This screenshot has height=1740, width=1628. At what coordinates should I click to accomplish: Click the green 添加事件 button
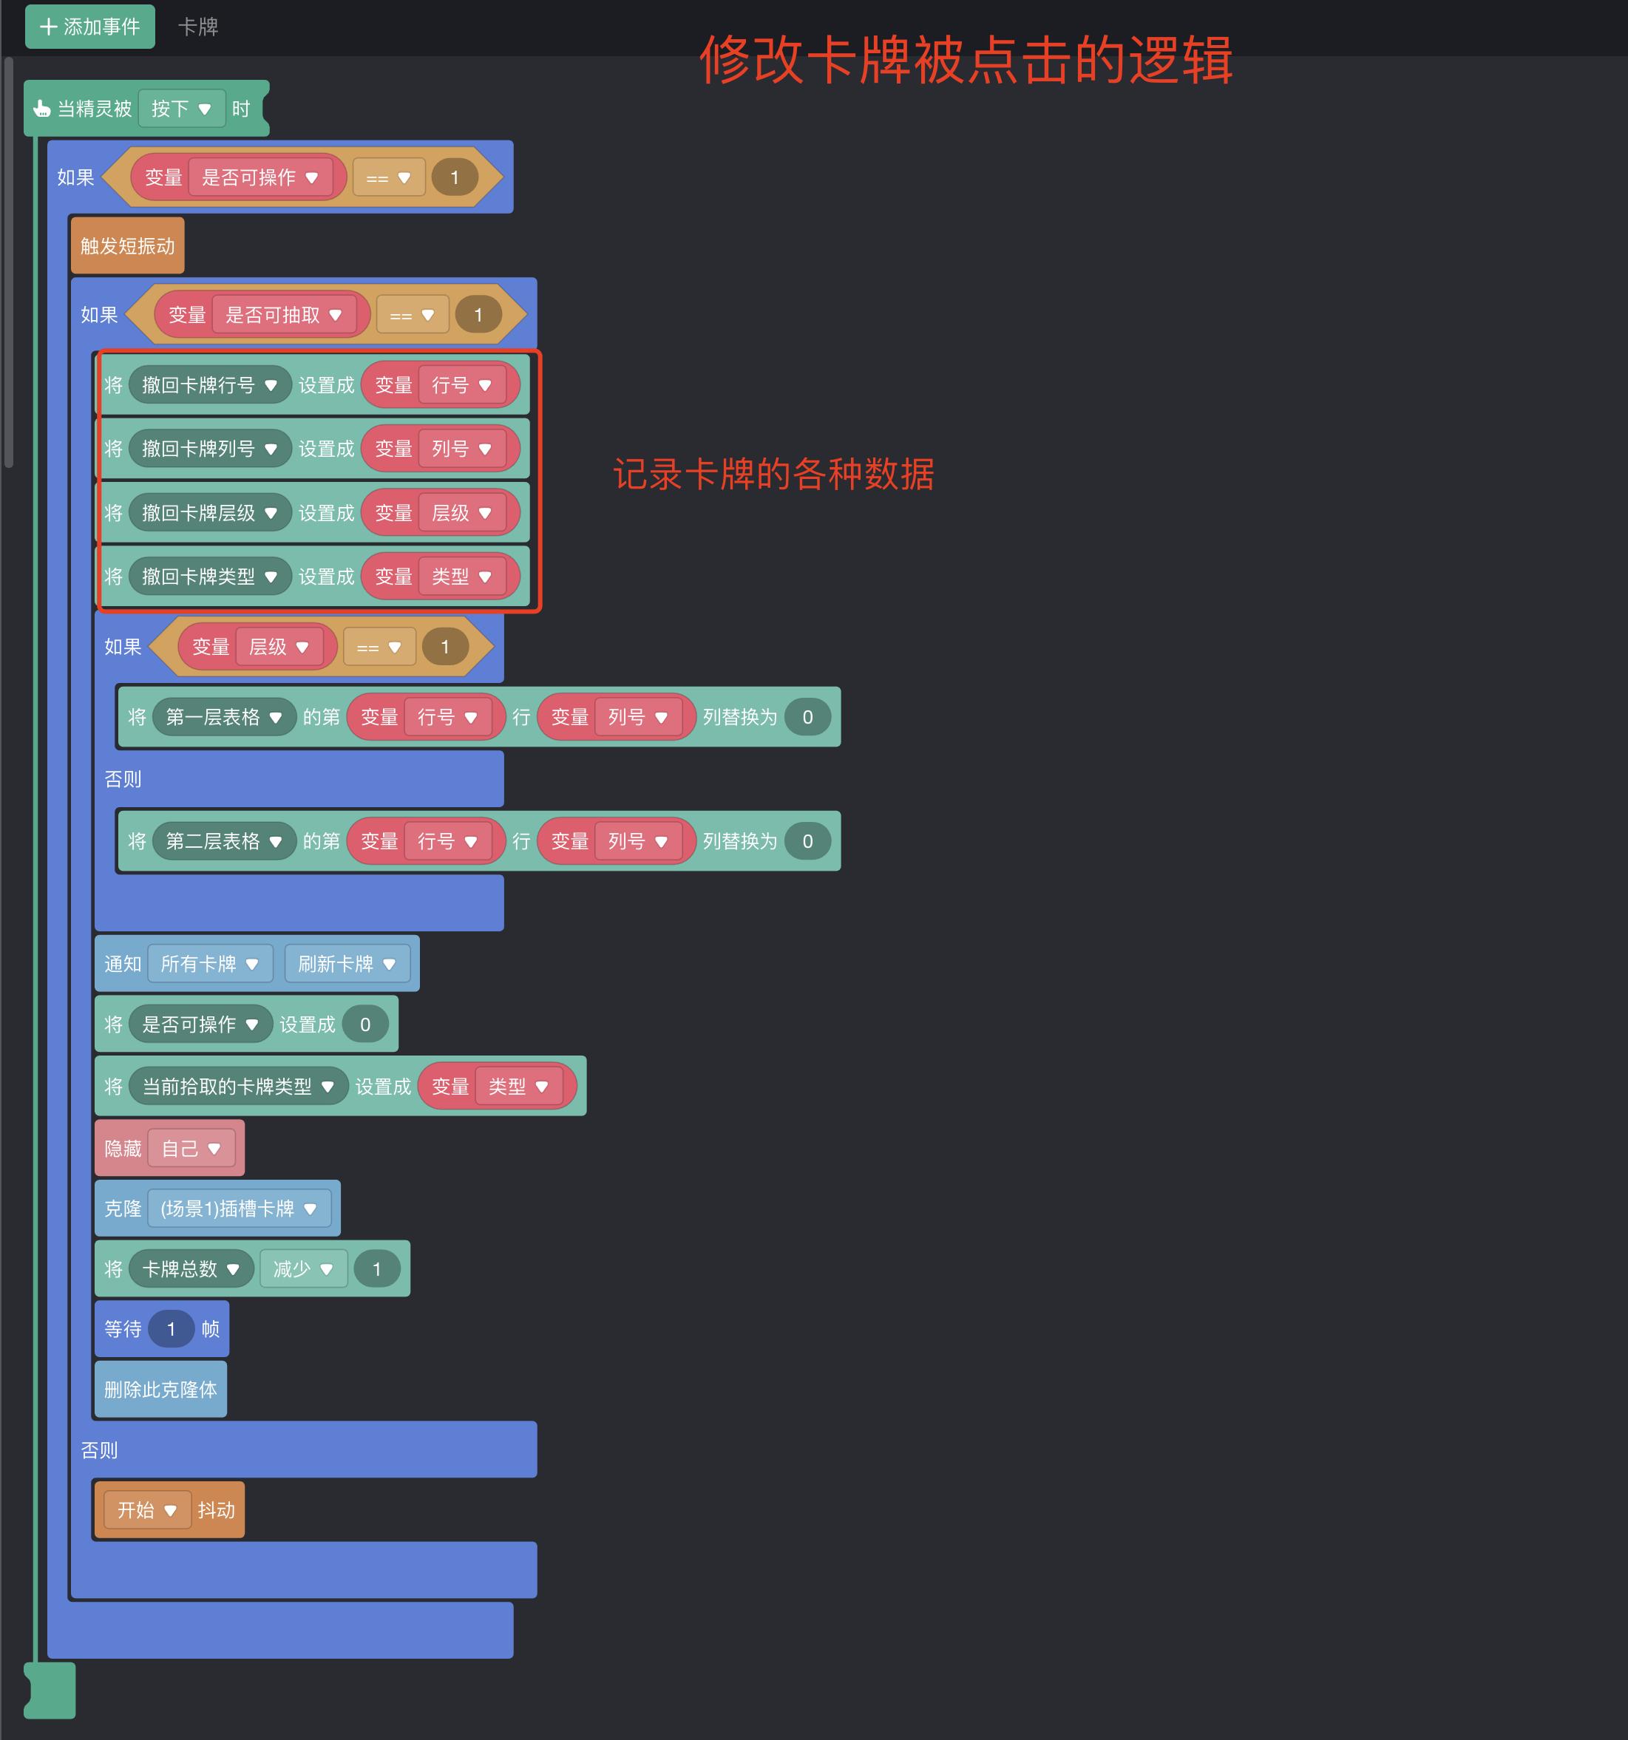point(89,27)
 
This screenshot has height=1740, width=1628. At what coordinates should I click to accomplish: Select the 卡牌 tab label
point(198,27)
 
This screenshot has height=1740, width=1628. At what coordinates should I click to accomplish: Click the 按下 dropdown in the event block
point(181,109)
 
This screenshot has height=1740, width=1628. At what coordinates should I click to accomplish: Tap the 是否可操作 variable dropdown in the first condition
point(260,177)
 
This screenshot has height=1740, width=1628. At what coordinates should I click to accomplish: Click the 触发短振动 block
point(128,246)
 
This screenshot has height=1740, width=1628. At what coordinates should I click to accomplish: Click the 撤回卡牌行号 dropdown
point(209,385)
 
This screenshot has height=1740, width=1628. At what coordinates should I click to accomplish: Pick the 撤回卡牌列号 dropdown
point(209,449)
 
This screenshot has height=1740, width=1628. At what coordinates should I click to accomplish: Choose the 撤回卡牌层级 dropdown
point(209,513)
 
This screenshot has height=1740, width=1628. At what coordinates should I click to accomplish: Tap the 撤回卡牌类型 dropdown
point(209,577)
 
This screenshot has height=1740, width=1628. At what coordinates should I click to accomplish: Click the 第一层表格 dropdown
point(223,718)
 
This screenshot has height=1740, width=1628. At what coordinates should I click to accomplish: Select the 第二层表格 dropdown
point(223,841)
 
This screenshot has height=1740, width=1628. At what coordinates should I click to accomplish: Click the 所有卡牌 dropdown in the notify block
point(210,964)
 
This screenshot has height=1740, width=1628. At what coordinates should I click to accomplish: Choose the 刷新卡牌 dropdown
point(347,964)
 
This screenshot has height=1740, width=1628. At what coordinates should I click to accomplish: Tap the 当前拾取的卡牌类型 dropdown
point(238,1086)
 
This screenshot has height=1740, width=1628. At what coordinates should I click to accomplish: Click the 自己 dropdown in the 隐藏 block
point(191,1149)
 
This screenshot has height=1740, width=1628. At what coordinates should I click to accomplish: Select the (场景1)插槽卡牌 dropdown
point(238,1209)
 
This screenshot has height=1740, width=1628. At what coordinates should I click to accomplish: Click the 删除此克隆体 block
point(160,1390)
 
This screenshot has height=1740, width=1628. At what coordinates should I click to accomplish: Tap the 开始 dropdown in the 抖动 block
point(147,1510)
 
